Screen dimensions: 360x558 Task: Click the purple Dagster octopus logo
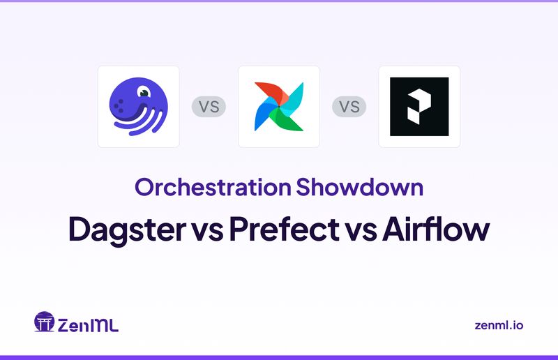pyautogui.click(x=138, y=106)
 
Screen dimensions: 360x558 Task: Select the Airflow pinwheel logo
pyautogui.click(x=279, y=106)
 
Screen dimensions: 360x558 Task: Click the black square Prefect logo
pyautogui.click(x=419, y=106)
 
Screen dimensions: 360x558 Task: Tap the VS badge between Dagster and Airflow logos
pyautogui.click(x=209, y=107)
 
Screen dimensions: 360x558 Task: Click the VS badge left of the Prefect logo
pyautogui.click(x=349, y=107)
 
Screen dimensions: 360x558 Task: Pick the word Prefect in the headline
pyautogui.click(x=281, y=230)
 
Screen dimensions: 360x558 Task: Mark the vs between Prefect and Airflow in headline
pyautogui.click(x=359, y=231)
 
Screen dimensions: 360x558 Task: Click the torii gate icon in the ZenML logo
pyautogui.click(x=44, y=322)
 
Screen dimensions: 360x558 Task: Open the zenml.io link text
pyautogui.click(x=497, y=325)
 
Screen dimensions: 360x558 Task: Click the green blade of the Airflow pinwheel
pyautogui.click(x=291, y=120)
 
